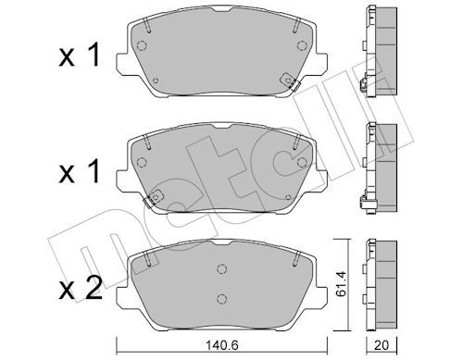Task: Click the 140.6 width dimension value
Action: tap(221, 345)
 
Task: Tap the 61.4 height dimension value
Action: tap(341, 284)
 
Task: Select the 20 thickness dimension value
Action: tap(382, 345)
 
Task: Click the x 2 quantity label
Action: tap(80, 289)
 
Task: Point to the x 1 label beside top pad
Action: tap(79, 55)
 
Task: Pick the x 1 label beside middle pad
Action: tap(79, 171)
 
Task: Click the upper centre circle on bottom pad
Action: tap(221, 269)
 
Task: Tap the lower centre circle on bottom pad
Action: tap(221, 298)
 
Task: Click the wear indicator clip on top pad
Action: tap(290, 81)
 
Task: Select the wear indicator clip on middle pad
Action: tap(153, 198)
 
